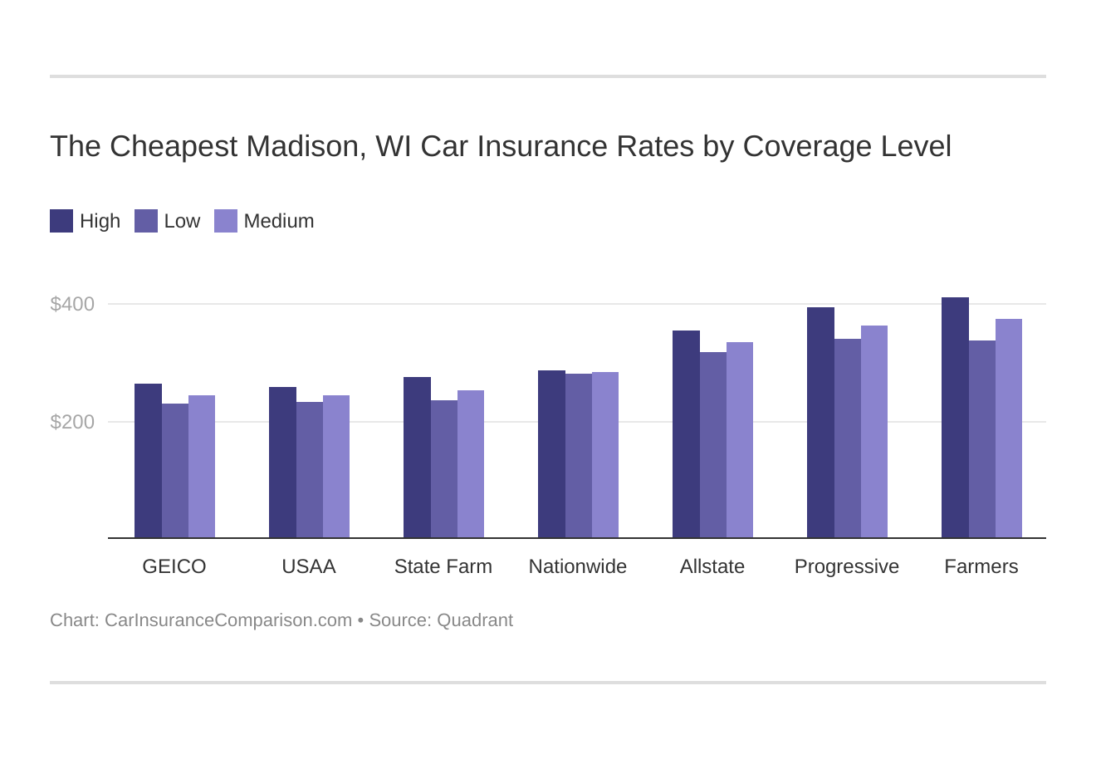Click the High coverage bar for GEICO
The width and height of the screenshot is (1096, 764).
(x=148, y=461)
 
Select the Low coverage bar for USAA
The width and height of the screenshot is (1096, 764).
(x=309, y=470)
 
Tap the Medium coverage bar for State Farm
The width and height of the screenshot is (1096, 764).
(x=471, y=464)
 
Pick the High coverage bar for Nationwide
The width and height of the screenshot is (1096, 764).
(x=551, y=454)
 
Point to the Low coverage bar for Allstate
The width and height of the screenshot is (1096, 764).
(x=712, y=445)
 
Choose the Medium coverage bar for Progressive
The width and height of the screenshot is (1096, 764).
(x=874, y=432)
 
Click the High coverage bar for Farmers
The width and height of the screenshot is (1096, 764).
(x=955, y=418)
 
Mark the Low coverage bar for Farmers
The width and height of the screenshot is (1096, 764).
(x=981, y=439)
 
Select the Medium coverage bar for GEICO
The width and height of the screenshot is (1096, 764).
(x=202, y=467)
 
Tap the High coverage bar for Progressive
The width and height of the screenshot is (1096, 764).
(x=820, y=423)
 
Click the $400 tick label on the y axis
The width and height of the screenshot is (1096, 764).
(x=72, y=304)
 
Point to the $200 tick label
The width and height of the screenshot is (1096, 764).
(x=72, y=422)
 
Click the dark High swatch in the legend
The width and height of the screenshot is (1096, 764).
(x=61, y=221)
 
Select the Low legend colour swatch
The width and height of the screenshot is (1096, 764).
(x=146, y=221)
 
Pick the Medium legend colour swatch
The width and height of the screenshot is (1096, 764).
(x=226, y=221)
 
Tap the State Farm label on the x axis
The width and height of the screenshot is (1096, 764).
(x=443, y=566)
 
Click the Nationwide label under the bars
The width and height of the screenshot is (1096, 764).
(x=577, y=566)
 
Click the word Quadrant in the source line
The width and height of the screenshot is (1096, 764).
(x=475, y=620)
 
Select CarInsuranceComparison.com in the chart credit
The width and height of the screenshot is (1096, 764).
(x=228, y=620)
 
